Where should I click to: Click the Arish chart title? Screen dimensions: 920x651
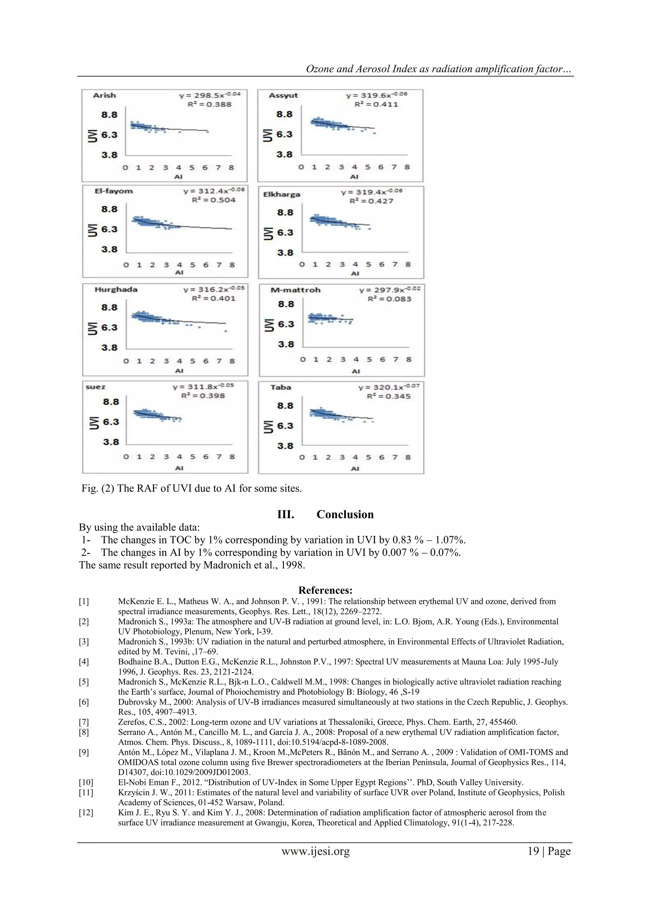(104, 95)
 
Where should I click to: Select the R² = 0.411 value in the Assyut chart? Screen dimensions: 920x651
(376, 105)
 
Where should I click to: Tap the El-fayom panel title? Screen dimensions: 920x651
(113, 191)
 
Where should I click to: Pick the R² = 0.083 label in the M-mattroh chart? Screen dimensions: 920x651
(389, 299)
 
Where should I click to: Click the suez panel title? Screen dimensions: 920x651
(95, 387)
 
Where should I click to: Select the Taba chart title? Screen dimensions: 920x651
(281, 387)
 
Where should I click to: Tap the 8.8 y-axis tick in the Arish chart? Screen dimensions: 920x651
(109, 115)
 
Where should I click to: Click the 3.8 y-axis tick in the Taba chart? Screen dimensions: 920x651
(285, 446)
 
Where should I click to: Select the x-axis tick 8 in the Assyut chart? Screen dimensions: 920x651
(407, 167)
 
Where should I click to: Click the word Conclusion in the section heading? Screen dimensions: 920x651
(345, 515)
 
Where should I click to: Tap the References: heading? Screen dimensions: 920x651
(325, 590)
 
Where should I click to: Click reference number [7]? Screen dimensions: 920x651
(84, 722)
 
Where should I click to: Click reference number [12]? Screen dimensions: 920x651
(86, 812)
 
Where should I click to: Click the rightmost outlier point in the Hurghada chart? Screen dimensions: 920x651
(226, 331)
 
